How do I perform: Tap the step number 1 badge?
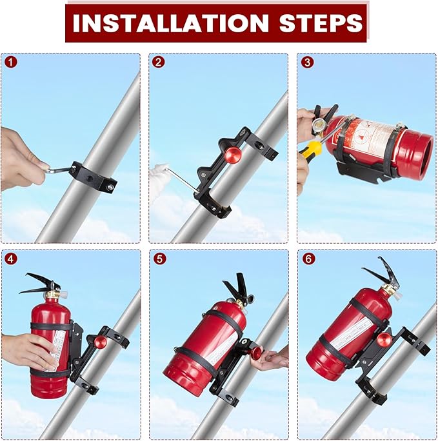[10, 63]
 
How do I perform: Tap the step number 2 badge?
[159, 63]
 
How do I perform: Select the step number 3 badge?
[307, 63]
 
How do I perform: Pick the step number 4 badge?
[10, 260]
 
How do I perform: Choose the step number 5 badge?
[159, 260]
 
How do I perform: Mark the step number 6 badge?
[307, 260]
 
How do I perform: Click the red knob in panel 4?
[100, 341]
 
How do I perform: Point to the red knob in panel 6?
[383, 340]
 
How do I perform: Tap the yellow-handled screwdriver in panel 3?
[311, 150]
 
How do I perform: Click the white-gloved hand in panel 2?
[159, 175]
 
